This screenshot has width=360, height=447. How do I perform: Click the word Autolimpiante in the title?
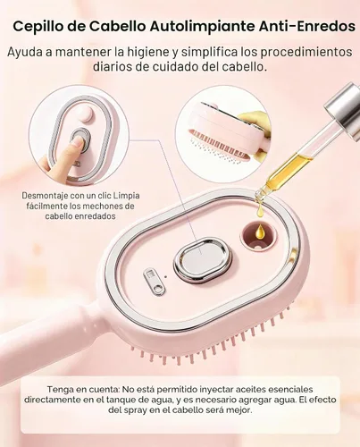(202, 26)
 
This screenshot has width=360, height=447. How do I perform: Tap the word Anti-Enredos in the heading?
(306, 26)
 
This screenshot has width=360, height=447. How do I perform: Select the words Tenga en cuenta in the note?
(80, 390)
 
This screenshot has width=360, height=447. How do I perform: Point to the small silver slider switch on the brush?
(155, 282)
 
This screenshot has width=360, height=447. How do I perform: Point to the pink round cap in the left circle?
(85, 114)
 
